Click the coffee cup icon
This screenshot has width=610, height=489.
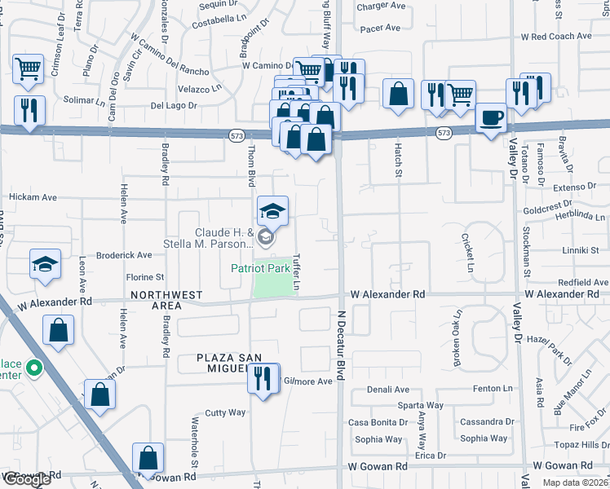491,118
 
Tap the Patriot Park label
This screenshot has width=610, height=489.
260,267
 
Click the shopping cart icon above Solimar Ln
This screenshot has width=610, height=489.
29,69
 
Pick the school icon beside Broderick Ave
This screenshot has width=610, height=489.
46,264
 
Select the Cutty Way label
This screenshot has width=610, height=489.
225,412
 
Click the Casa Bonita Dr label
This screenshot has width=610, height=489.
378,422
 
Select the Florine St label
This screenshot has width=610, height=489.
144,277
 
